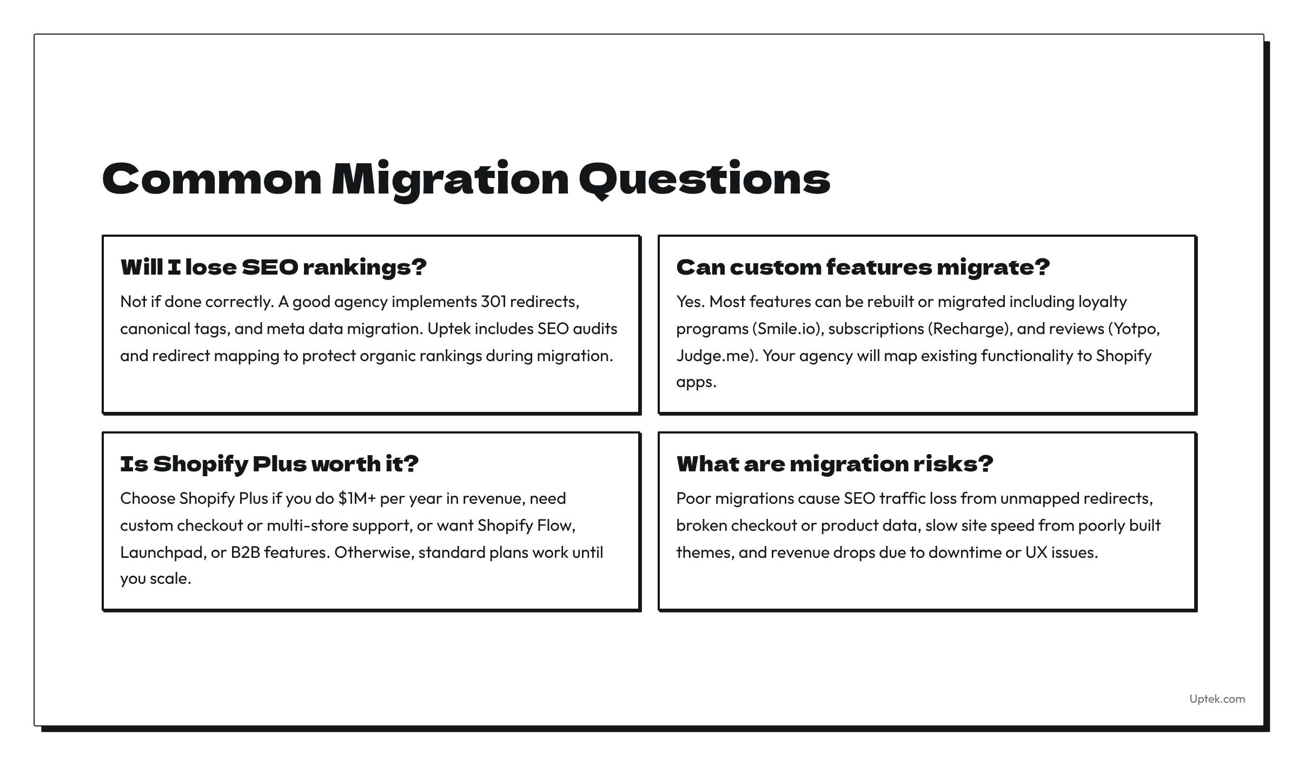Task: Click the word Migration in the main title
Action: (x=450, y=179)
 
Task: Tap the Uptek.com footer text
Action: (x=1217, y=699)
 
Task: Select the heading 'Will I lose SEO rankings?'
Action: (x=274, y=267)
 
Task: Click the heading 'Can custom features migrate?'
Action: (x=863, y=267)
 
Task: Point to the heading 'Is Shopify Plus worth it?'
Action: (x=269, y=464)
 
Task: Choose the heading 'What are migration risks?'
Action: (x=835, y=464)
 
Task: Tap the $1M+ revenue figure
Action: (x=356, y=498)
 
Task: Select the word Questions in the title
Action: (x=704, y=179)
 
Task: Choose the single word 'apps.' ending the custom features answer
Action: (x=696, y=382)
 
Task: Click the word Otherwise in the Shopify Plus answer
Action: (x=374, y=552)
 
